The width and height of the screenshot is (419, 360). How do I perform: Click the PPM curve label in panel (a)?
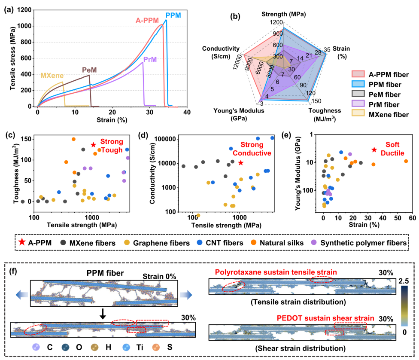click(x=173, y=15)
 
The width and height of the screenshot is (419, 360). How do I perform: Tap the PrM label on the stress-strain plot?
click(x=150, y=59)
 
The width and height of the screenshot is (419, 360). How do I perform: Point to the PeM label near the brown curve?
click(x=89, y=70)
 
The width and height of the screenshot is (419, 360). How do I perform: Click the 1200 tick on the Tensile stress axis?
click(x=27, y=10)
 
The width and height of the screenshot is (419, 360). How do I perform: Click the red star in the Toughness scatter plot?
click(x=94, y=145)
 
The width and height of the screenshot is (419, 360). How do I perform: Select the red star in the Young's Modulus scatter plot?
click(x=374, y=149)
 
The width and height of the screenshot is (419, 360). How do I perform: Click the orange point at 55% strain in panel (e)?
click(x=406, y=161)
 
